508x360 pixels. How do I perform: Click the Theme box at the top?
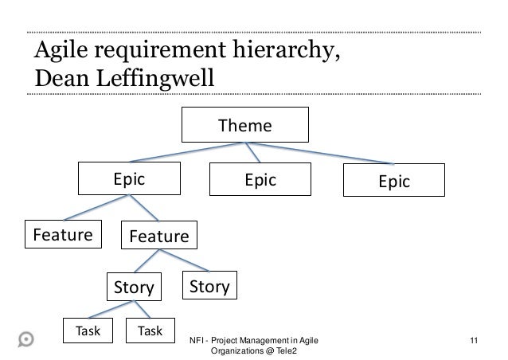pos(245,126)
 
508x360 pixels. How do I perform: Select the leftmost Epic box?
pos(128,180)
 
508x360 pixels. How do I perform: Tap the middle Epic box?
pos(260,180)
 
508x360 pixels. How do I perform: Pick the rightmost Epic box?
pos(393,182)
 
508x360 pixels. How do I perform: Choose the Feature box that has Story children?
pos(158,237)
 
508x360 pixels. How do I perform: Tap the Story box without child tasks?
pos(209,285)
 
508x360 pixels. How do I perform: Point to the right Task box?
pos(150,331)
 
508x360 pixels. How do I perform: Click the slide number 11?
pos(475,341)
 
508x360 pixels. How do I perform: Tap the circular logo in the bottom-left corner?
pos(25,337)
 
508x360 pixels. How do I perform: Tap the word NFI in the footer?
pos(196,341)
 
